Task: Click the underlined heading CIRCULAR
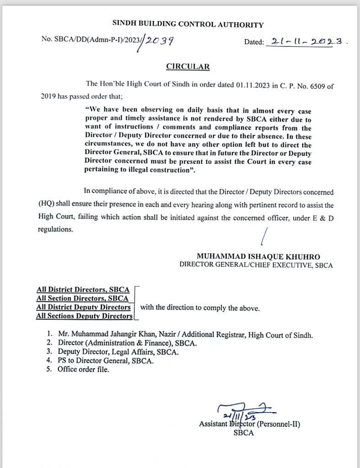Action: click(188, 67)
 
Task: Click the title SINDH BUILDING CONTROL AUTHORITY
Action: click(188, 25)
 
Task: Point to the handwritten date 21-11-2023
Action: click(306, 41)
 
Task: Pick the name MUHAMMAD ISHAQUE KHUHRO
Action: click(258, 257)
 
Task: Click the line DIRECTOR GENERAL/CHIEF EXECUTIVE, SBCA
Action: click(256, 265)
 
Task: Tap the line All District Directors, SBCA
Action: click(83, 290)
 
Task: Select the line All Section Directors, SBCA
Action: click(82, 298)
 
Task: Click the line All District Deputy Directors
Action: click(83, 307)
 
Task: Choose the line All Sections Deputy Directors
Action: click(84, 316)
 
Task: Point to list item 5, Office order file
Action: click(83, 369)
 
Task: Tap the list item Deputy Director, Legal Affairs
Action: click(118, 352)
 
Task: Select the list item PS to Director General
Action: click(105, 361)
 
